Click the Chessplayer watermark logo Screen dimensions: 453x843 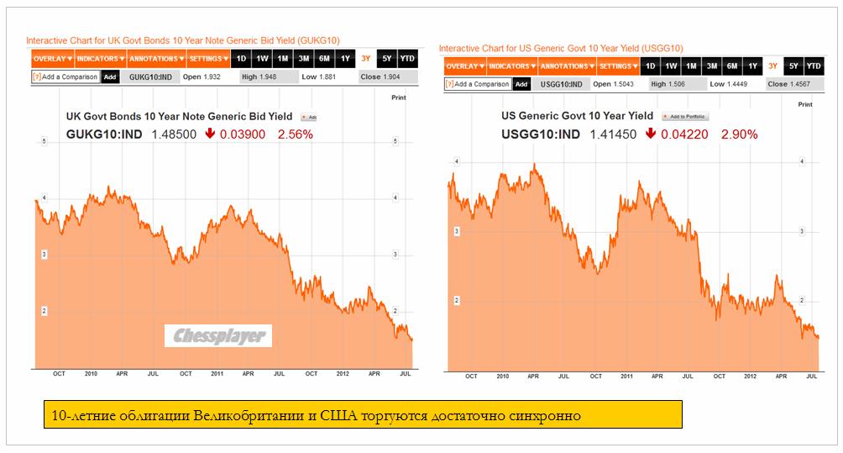click(x=217, y=336)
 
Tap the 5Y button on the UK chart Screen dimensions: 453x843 click(x=386, y=59)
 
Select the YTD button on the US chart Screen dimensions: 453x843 click(x=814, y=66)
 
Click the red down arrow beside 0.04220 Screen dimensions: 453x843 click(x=651, y=134)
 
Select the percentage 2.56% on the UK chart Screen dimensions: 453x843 click(x=296, y=134)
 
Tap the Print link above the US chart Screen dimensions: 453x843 click(x=804, y=104)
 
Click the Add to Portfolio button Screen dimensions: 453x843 click(x=684, y=117)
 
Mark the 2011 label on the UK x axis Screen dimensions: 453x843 click(x=217, y=373)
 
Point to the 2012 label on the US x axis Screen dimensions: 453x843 click(x=749, y=377)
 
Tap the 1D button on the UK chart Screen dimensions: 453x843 click(x=241, y=59)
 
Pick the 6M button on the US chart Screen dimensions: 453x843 click(x=732, y=66)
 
